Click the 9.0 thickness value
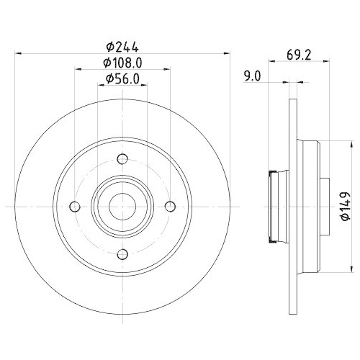[251, 74]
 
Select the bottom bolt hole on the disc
[122, 252]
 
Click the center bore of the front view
[122, 207]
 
